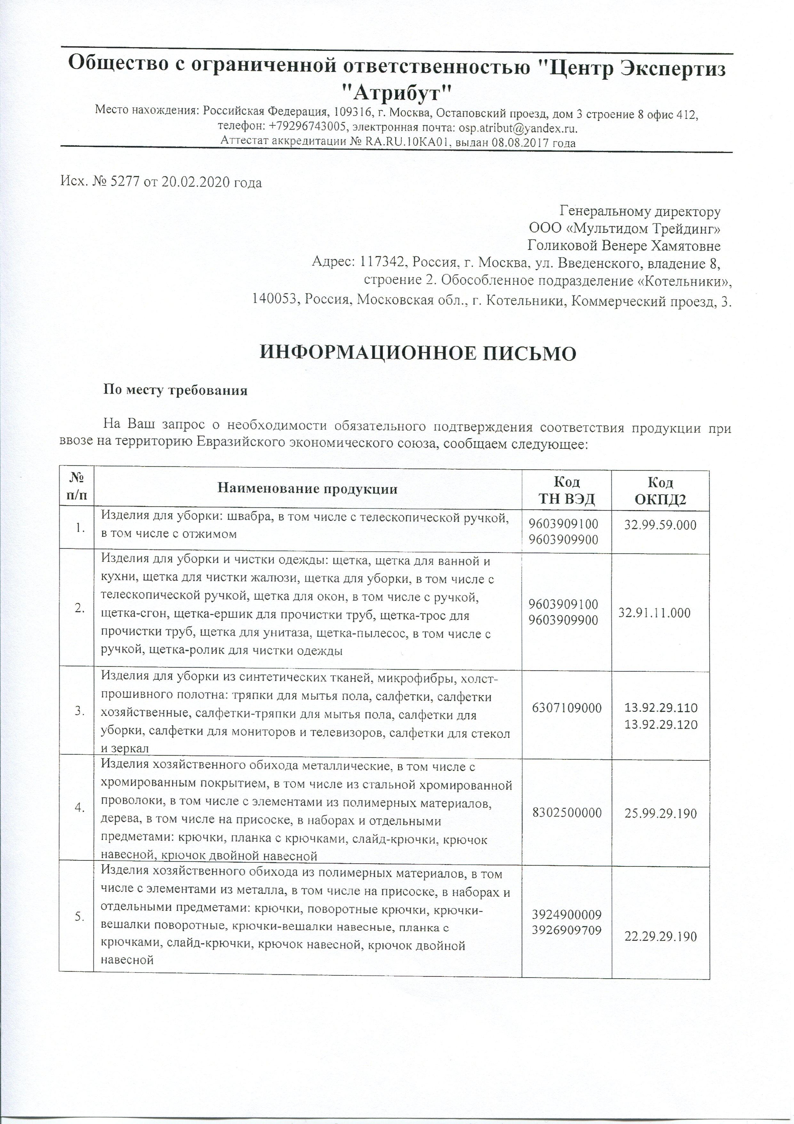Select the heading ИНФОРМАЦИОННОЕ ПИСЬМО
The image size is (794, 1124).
tap(417, 353)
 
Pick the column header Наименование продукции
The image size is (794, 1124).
tap(307, 488)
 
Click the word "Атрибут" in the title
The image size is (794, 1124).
tap(396, 91)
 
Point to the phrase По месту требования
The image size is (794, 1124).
tap(175, 391)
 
